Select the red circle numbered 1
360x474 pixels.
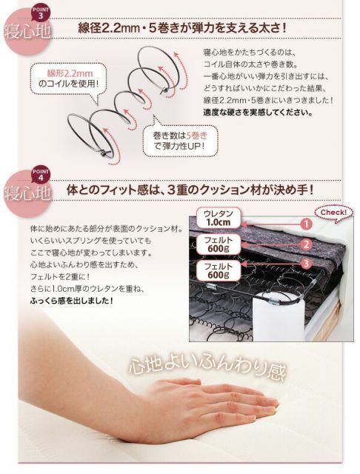coord(304,223)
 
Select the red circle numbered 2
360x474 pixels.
coord(304,244)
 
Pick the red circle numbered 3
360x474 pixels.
coord(304,264)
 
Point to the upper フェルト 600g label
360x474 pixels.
coord(213,244)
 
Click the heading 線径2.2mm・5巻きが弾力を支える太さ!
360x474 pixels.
coord(182,30)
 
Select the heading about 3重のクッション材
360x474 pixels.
coord(190,190)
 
